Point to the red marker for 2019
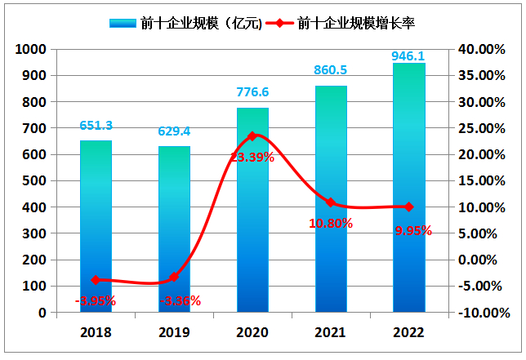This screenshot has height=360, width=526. pos(174,278)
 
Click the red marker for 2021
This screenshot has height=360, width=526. pos(331,202)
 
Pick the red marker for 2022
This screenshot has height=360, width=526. pos(409,207)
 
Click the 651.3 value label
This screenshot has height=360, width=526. pos(96,126)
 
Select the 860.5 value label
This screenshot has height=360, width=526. pos(331,71)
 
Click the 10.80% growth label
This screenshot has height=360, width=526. pos(331,222)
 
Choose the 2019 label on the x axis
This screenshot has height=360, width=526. pos(174,333)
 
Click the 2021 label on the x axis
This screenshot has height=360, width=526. pos(331,333)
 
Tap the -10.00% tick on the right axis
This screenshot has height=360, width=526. pos(477,313)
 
